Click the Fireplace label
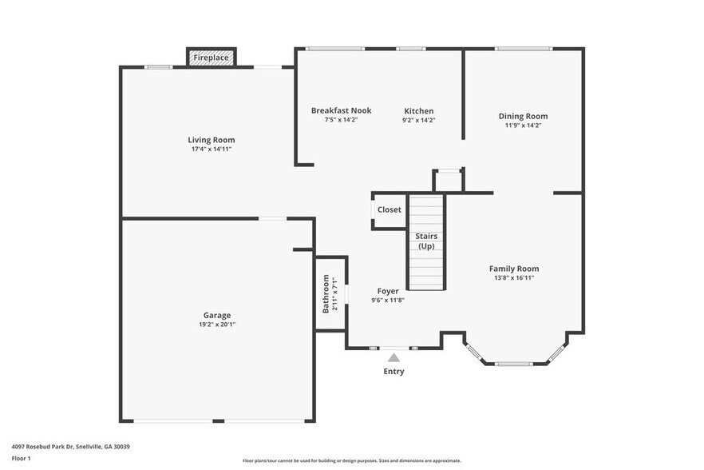coord(211,58)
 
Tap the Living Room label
coord(211,140)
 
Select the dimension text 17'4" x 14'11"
coord(211,149)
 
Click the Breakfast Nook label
coord(341,110)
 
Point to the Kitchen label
coord(418,110)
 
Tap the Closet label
coord(390,209)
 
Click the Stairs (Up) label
coord(425,241)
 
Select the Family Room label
coord(514,269)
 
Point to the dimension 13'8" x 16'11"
coord(514,278)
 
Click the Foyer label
coord(388,291)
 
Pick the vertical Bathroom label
coord(326,293)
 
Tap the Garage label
coord(216,315)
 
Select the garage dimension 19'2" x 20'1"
coord(216,325)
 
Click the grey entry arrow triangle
coord(394,358)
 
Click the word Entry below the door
coord(394,372)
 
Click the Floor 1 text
coord(21,459)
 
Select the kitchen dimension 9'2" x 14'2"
coord(418,120)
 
